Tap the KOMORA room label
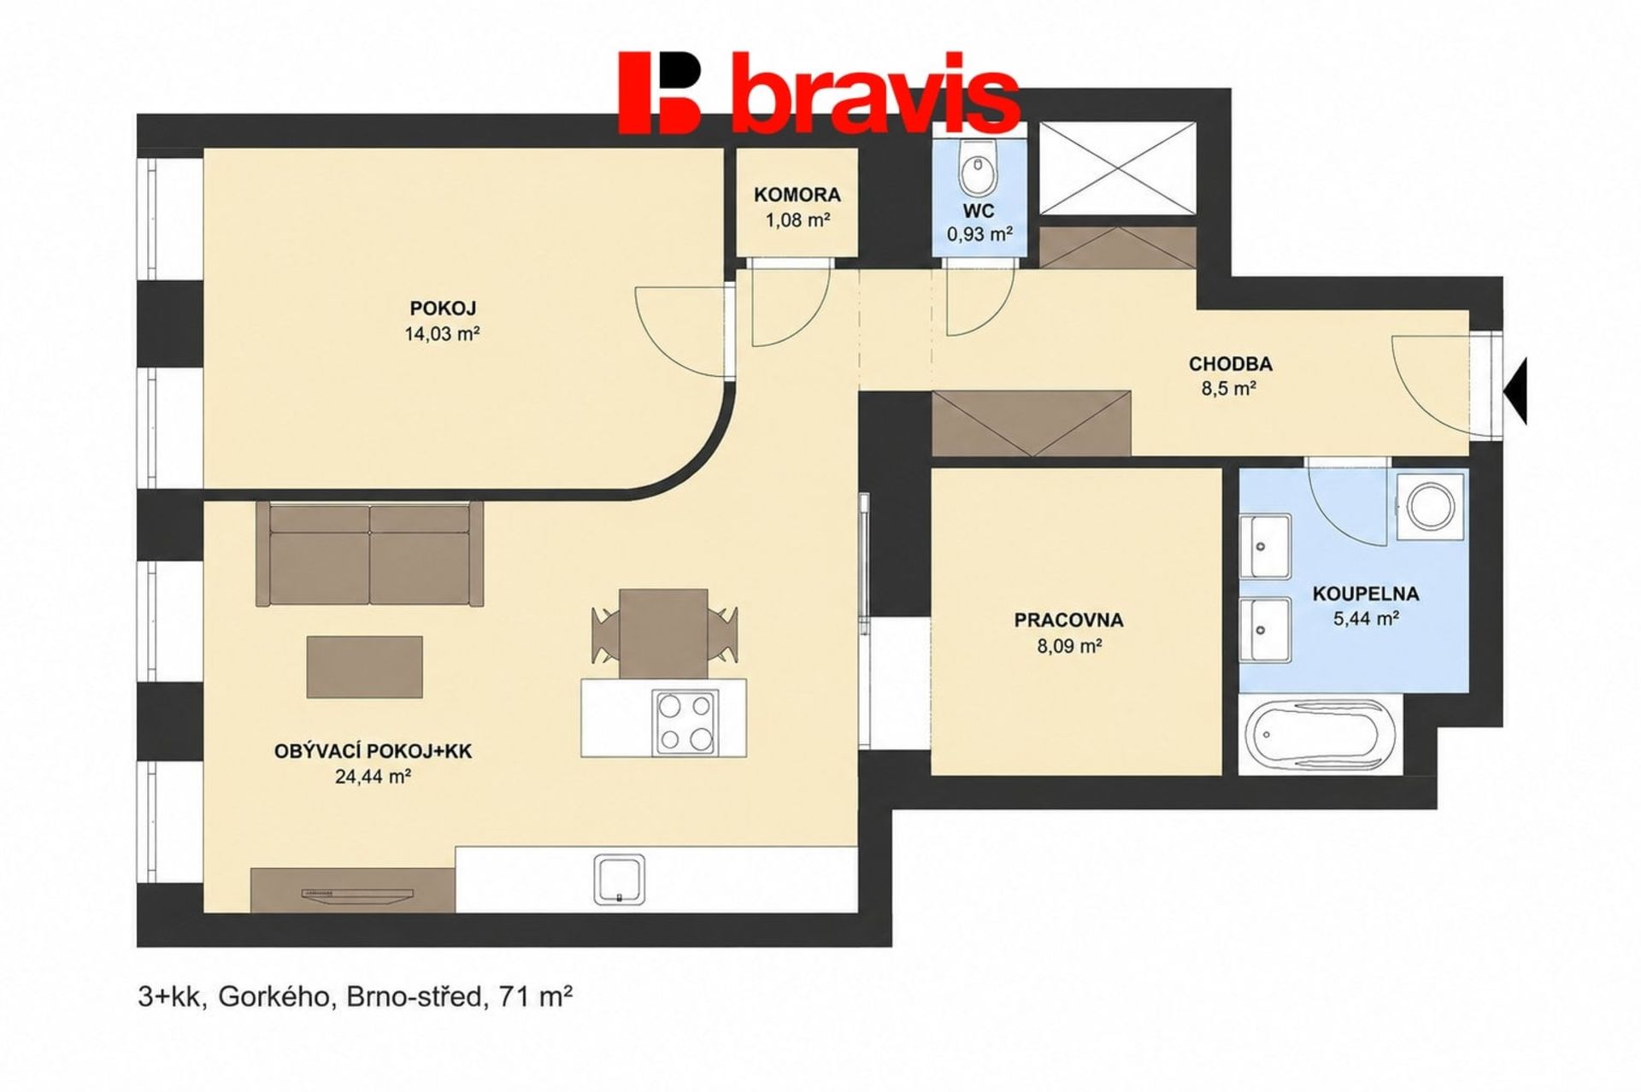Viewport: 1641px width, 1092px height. pos(797,195)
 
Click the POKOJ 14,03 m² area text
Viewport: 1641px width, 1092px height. pos(442,333)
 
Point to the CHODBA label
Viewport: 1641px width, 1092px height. pos(1230,364)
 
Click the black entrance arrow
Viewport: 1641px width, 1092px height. pos(1515,390)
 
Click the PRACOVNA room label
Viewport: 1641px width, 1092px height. pos(1068,620)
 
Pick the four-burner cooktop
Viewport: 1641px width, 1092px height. pos(684,722)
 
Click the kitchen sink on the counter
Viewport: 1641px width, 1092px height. pos(620,878)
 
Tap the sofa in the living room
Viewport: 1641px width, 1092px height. pos(369,554)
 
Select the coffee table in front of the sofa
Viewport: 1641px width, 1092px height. pos(365,666)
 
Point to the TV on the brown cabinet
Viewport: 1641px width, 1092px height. pos(357,895)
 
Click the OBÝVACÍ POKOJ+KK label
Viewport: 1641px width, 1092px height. pos(373,752)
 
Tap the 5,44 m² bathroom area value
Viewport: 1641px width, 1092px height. pos(1365,618)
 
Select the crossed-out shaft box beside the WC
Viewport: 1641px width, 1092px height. pos(1118,167)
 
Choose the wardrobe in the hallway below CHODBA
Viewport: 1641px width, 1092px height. pos(1032,423)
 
